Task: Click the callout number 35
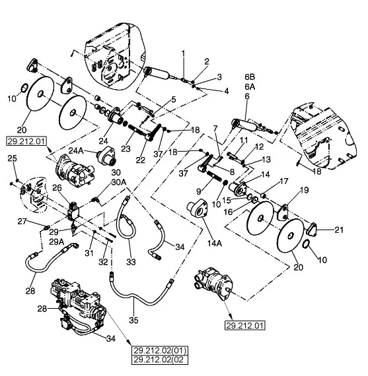click(x=133, y=320)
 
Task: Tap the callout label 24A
click(x=76, y=150)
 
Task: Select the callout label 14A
click(x=215, y=243)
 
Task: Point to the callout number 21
click(x=339, y=230)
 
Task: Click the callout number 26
click(x=57, y=187)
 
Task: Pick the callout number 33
click(x=131, y=262)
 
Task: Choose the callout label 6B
click(x=250, y=77)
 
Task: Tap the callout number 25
click(x=13, y=158)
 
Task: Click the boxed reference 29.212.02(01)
click(x=160, y=351)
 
